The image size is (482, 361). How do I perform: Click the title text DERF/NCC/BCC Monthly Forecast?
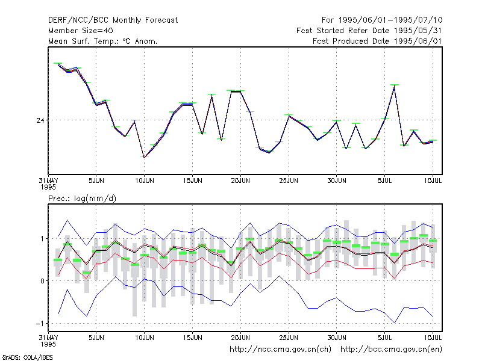tap(113, 20)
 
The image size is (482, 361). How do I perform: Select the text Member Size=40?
tap(81, 31)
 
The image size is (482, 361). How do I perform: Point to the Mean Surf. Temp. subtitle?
tap(102, 41)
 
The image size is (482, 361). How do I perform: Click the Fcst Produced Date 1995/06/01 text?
tap(377, 41)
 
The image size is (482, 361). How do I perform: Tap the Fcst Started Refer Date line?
tap(369, 31)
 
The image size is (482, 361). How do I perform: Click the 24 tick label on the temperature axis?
tap(40, 120)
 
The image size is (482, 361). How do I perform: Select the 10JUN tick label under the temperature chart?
tap(145, 181)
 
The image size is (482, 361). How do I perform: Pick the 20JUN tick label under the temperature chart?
tap(240, 181)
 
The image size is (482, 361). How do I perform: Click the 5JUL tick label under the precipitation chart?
tap(384, 338)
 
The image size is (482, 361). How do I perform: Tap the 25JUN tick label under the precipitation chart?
tap(289, 338)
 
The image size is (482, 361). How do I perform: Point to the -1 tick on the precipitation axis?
tap(40, 324)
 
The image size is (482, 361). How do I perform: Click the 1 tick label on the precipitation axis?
tap(42, 238)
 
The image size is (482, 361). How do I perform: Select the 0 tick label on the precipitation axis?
tap(42, 281)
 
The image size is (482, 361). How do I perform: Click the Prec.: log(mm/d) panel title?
tap(82, 199)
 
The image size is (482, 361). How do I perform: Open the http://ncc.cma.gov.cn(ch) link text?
tap(280, 350)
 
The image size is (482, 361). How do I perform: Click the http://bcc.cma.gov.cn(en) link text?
tap(391, 350)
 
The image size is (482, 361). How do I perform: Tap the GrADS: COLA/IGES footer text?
tap(28, 357)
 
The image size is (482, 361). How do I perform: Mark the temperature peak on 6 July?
tap(395, 87)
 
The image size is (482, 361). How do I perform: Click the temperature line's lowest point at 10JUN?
tap(144, 157)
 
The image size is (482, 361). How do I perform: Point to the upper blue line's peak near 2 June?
tap(67, 220)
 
